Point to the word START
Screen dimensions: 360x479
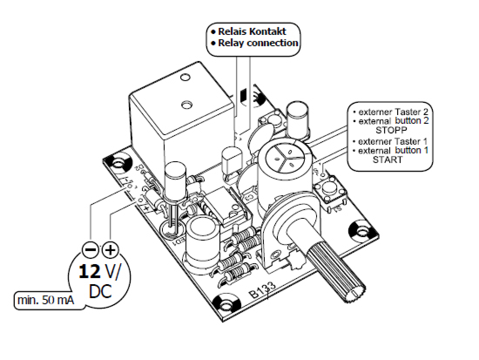(388, 160)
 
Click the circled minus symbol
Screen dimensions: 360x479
(90, 250)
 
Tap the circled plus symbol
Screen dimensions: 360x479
(111, 250)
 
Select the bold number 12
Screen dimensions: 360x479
(90, 272)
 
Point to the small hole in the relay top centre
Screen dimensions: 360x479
(186, 105)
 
